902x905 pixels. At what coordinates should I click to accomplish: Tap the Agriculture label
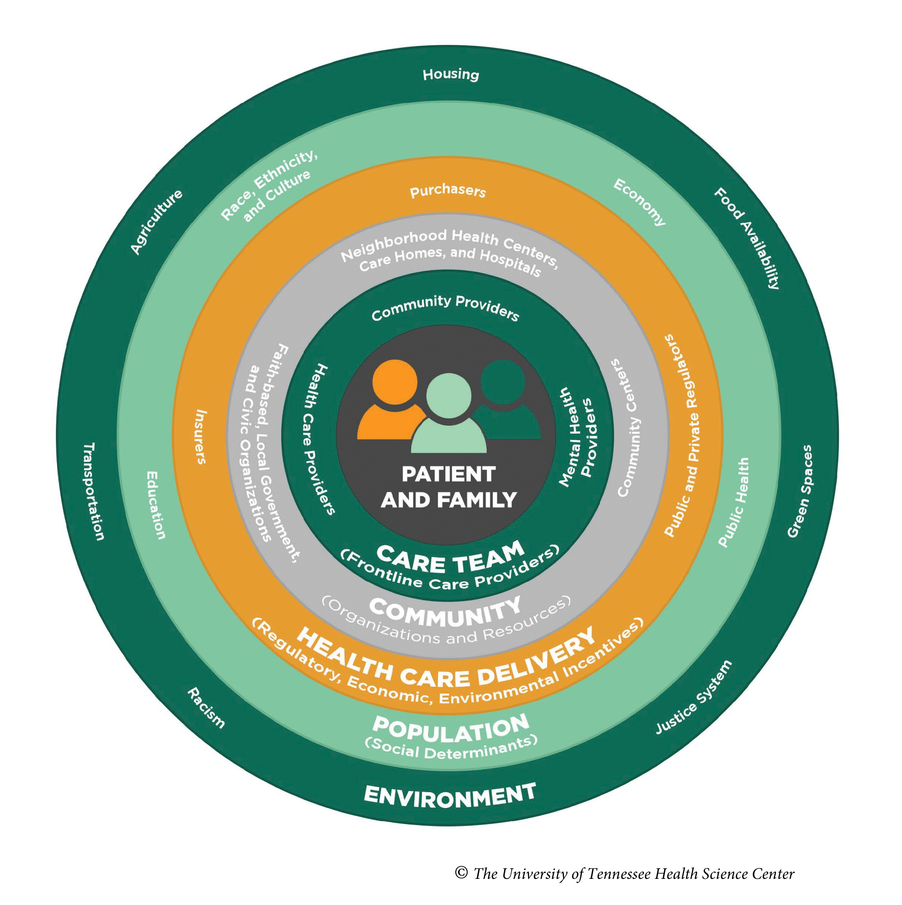[x=156, y=222]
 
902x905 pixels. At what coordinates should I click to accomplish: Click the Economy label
[x=639, y=202]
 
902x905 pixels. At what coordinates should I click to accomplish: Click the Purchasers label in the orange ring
[x=447, y=191]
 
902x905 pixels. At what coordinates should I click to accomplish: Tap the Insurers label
[x=201, y=436]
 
